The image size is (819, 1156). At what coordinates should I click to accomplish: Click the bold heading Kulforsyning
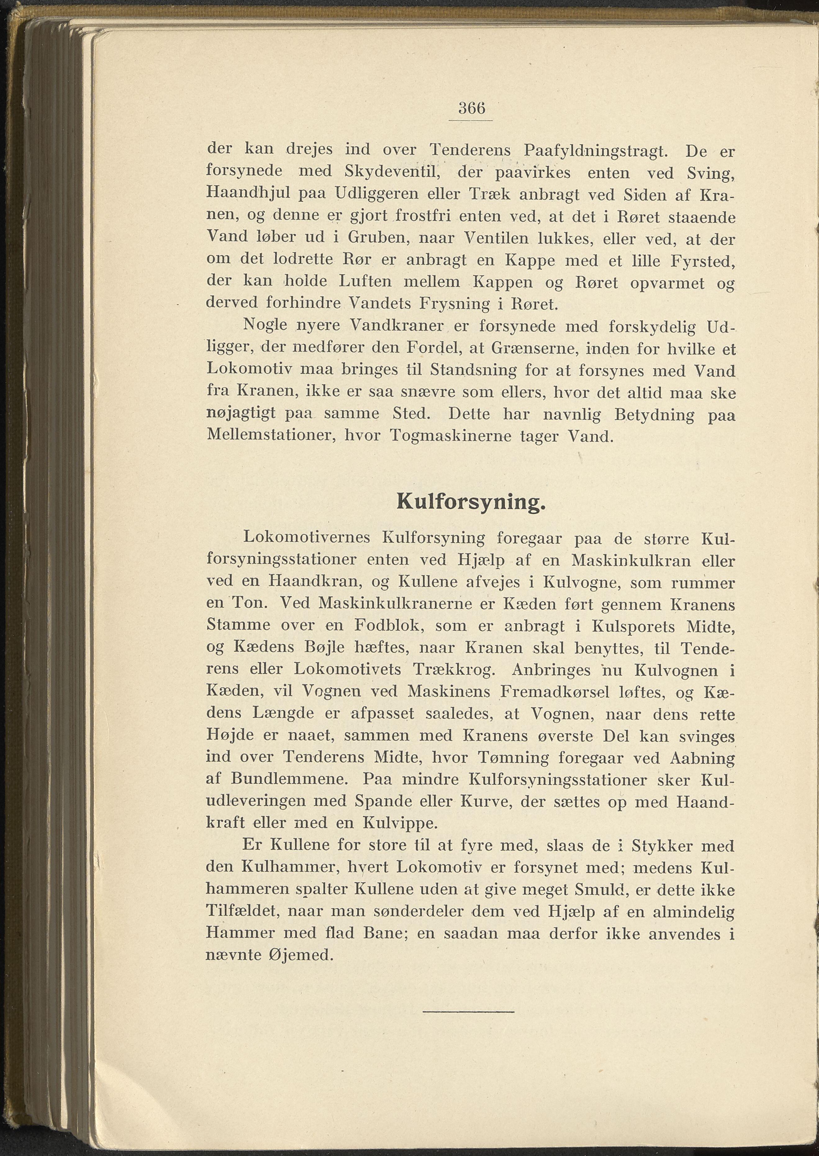tap(471, 502)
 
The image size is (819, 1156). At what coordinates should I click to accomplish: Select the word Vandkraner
tap(396, 326)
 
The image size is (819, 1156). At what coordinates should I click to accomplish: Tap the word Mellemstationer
tap(272, 436)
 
